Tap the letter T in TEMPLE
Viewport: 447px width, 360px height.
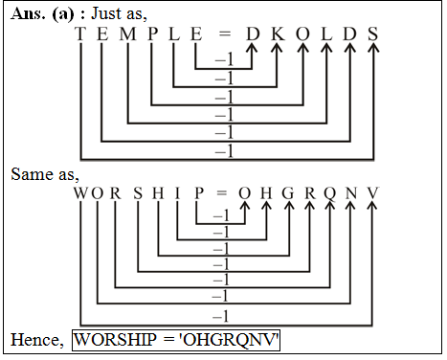(x=80, y=34)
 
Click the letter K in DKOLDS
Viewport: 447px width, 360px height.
(x=278, y=34)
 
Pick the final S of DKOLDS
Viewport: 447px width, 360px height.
(x=373, y=34)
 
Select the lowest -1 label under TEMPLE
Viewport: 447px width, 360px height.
(x=225, y=151)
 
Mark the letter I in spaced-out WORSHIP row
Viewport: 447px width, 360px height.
(x=178, y=193)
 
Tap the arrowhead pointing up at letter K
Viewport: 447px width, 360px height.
(x=278, y=52)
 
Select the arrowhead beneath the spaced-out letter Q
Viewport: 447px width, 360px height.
(x=330, y=211)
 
